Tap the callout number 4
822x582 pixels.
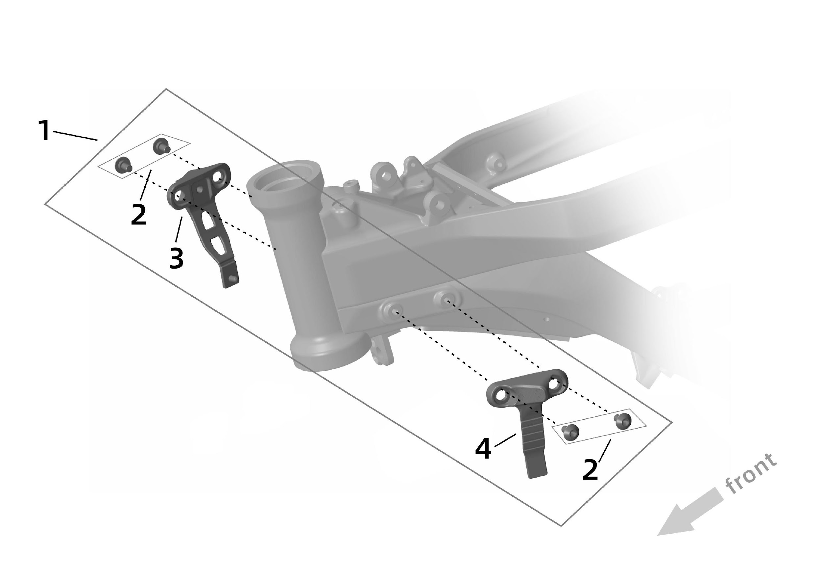(x=483, y=449)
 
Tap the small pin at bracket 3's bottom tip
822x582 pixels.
(x=233, y=278)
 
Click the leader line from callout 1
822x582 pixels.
(x=76, y=136)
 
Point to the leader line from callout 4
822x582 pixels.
(x=505, y=440)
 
